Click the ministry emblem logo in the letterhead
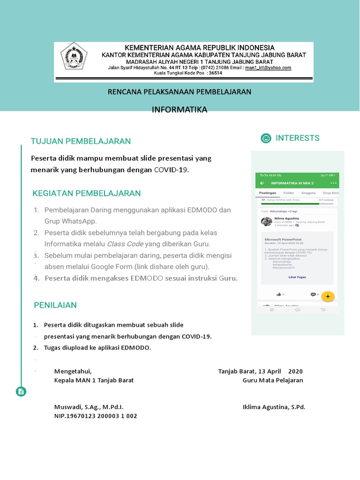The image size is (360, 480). click(x=74, y=62)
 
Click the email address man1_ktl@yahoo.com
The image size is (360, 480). click(x=268, y=67)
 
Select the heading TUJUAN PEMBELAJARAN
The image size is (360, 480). click(x=81, y=141)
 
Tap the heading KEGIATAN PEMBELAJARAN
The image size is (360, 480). click(x=87, y=193)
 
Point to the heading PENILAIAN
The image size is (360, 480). click(x=55, y=305)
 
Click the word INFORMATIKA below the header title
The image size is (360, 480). click(x=180, y=110)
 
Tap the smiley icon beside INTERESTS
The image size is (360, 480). click(x=266, y=138)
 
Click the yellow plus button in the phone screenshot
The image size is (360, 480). click(x=328, y=296)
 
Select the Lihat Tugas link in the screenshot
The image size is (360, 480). click(x=297, y=277)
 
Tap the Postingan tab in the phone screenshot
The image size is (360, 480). click(x=268, y=193)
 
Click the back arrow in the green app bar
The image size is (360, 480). click(x=262, y=183)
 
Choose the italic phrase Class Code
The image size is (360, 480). click(x=125, y=244)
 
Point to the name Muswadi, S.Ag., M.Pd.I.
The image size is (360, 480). click(x=89, y=407)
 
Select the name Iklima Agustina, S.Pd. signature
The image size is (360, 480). click(x=274, y=407)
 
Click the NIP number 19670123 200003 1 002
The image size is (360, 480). click(x=96, y=416)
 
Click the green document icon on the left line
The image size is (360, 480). click(x=21, y=391)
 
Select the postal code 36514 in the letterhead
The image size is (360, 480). click(x=216, y=73)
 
